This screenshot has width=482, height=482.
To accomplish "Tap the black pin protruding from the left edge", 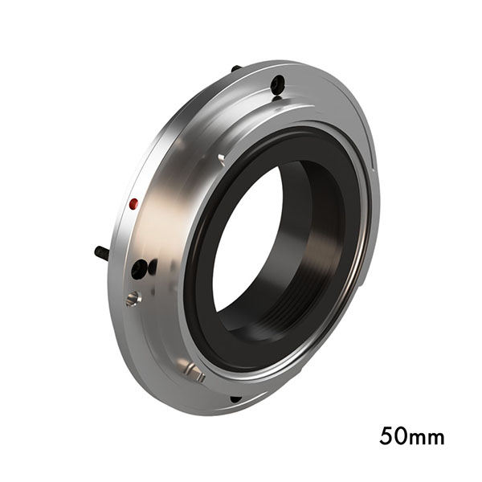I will pos(102,252).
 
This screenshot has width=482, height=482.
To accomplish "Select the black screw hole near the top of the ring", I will pos(277,84).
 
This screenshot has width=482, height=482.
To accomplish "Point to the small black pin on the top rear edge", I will pos(235,69).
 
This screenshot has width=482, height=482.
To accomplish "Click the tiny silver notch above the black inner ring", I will pos(221,158).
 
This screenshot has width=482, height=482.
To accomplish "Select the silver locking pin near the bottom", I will pos(192,371).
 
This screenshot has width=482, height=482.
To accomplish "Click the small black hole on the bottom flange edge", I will pos(235,398).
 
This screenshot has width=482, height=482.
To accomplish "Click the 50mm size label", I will pos(411,438).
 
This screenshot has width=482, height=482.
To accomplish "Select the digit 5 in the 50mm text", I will pos(386,438).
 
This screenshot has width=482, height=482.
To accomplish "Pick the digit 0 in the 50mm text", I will pos(401,438).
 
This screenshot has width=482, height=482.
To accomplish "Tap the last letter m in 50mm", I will pos(435,439).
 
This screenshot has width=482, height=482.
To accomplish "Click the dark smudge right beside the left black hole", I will pos(153,266).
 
